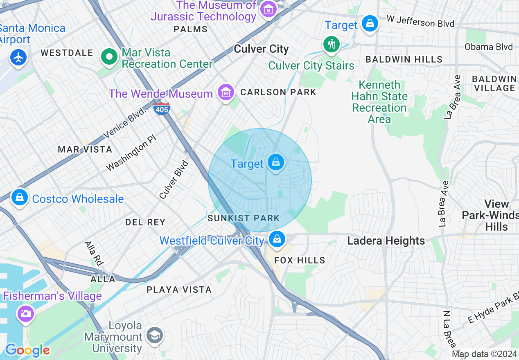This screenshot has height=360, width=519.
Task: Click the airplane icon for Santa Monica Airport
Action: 18,58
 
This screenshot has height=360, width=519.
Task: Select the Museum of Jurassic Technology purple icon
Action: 269,10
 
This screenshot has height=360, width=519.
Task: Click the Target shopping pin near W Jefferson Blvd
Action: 370,24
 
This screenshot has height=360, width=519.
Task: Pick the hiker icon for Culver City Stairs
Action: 331,44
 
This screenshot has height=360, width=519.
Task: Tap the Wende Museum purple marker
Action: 226,93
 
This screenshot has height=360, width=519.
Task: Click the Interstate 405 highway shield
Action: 162,109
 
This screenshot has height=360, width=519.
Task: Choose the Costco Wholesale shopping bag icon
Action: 19,198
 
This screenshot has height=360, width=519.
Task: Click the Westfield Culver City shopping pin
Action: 277,239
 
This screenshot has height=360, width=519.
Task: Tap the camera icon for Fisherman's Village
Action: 25,314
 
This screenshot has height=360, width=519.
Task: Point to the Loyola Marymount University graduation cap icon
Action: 155,336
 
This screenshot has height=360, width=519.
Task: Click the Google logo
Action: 27,350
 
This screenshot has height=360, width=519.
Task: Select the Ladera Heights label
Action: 386,241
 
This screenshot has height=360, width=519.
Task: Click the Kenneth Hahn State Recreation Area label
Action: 379,102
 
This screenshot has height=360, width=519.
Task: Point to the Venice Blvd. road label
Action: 124,123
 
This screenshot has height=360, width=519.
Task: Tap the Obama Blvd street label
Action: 488,47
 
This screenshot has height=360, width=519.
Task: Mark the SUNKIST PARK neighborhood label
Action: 244,218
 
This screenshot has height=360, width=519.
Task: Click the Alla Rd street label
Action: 93,253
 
